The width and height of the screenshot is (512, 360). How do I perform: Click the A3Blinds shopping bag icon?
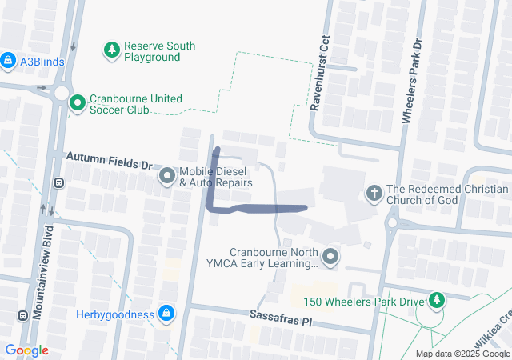[8, 60]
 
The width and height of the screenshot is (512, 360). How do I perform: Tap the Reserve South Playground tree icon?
[112, 51]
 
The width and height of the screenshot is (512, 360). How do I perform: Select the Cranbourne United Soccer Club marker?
[78, 103]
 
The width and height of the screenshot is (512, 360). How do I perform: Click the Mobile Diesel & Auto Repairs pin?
[167, 176]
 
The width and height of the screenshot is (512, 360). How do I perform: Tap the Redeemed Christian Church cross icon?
[374, 193]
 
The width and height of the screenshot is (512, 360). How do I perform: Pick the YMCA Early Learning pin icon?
[332, 256]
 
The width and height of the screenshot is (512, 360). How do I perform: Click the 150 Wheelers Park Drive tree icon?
[436, 301]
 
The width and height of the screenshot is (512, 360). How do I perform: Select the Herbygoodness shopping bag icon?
[166, 314]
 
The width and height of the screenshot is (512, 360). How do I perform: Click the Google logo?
[26, 350]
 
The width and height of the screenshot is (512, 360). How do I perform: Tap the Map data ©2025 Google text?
[462, 354]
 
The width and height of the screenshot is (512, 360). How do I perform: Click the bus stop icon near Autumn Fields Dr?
[58, 182]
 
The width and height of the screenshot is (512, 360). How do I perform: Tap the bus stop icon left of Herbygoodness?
[22, 314]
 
